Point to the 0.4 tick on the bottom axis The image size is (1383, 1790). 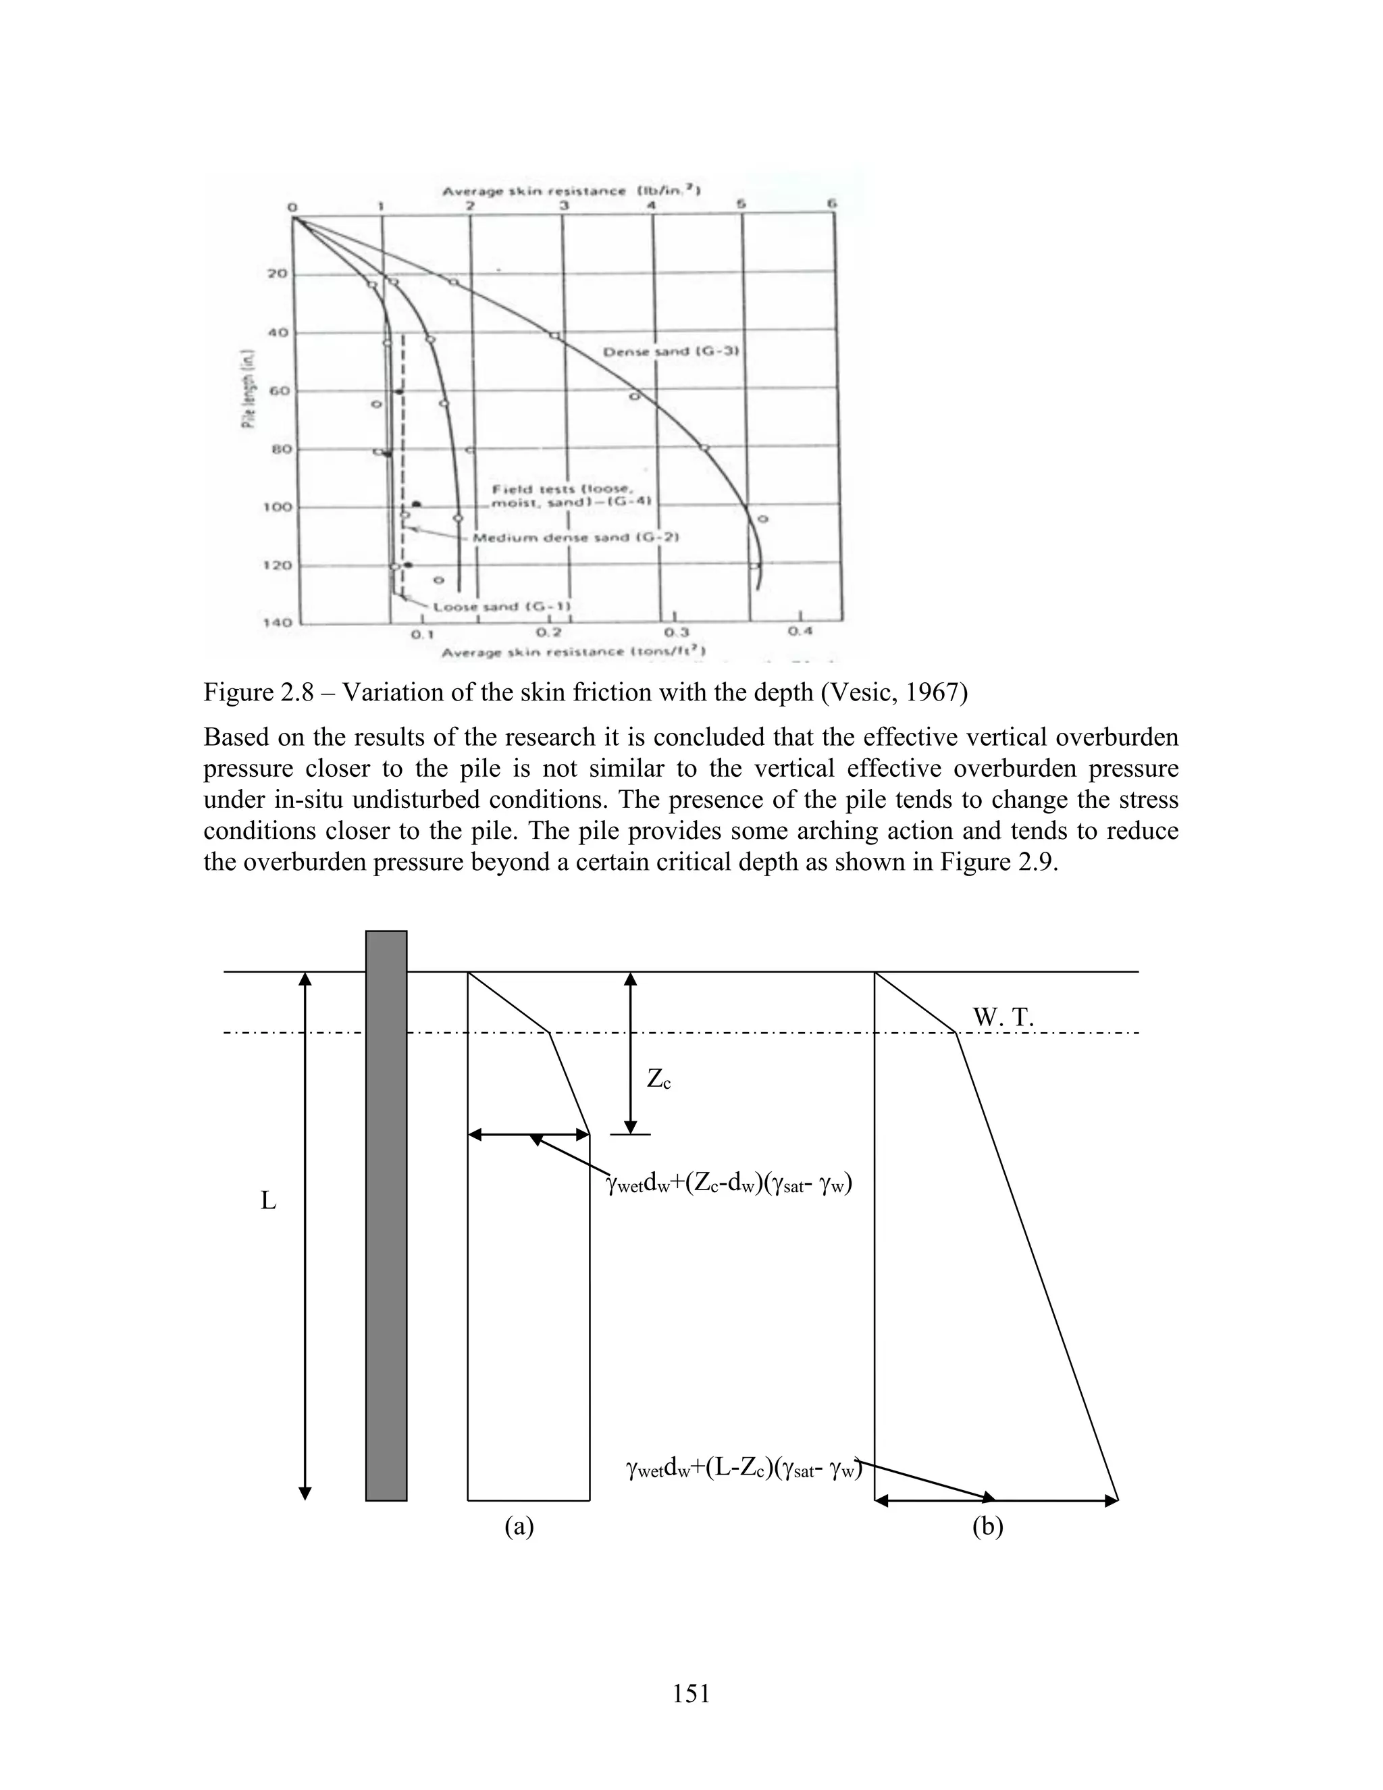point(800,631)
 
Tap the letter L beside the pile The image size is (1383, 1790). point(268,1202)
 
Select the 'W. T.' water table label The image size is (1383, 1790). point(1003,1018)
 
